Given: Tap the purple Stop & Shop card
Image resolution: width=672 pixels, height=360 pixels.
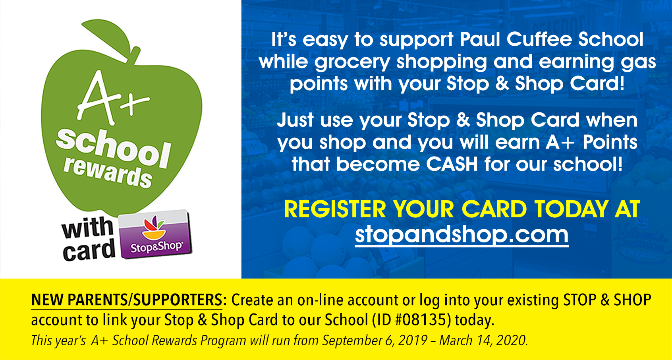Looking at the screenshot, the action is [x=155, y=234].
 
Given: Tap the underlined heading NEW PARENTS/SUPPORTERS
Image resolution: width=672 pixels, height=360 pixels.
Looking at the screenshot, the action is [x=127, y=300].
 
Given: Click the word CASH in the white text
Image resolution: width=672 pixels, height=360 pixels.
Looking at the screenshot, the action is [x=452, y=164].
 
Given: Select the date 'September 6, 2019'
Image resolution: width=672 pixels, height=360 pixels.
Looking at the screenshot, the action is [x=375, y=341].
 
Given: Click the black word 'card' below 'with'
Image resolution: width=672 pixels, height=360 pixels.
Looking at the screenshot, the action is [x=89, y=250].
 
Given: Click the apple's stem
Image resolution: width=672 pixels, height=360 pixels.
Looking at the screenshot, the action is [x=134, y=56].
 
